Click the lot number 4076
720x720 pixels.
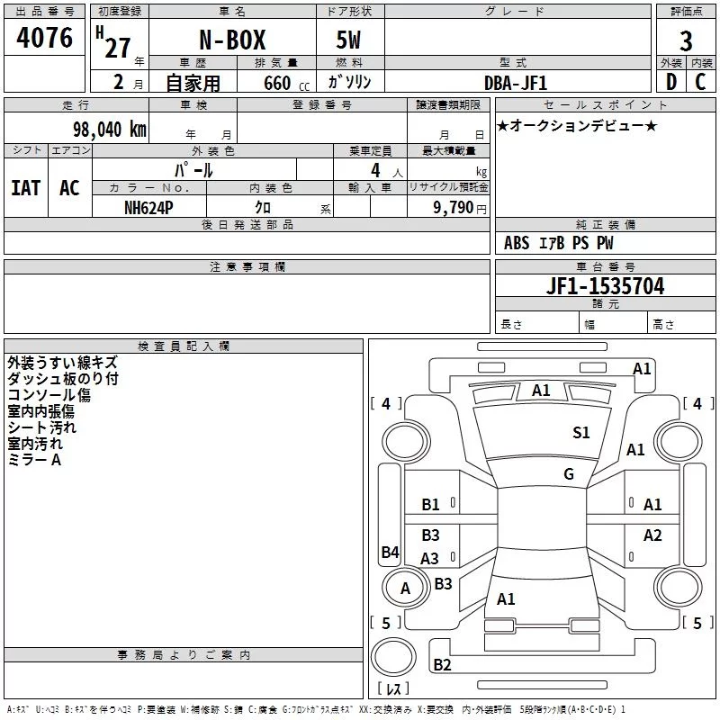[x=44, y=38]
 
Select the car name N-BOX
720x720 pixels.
[x=232, y=40]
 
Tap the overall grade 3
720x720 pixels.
[x=686, y=41]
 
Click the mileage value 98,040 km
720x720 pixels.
[x=110, y=130]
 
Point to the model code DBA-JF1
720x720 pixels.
[x=516, y=83]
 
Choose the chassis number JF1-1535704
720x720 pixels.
[x=605, y=286]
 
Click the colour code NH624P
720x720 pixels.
[x=148, y=208]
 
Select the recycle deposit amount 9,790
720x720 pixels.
[x=454, y=208]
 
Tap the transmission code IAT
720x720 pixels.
[x=26, y=188]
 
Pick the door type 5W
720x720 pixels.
[x=348, y=40]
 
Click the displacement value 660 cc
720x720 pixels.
[x=286, y=84]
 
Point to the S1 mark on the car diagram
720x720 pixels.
[x=580, y=433]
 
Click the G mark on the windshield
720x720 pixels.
[x=569, y=474]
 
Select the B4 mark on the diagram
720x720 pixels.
[x=391, y=552]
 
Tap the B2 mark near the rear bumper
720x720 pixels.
[x=442, y=665]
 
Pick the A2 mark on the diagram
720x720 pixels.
[x=652, y=535]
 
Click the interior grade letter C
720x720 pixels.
[x=700, y=82]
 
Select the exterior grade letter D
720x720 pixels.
[x=671, y=82]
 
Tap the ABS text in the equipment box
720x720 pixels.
[x=517, y=243]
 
